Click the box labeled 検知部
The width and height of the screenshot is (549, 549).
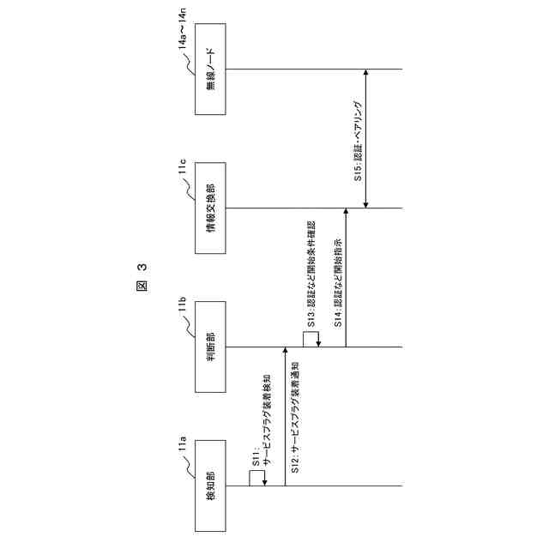(211, 486)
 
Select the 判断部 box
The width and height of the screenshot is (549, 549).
(211, 347)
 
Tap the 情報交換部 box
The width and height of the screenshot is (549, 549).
(211, 208)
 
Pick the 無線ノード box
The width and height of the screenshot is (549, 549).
(211, 69)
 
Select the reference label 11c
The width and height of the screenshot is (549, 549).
(183, 170)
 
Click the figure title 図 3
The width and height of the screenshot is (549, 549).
(142, 279)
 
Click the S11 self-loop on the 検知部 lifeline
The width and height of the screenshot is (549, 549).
(256, 480)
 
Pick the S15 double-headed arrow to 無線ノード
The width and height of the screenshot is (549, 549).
(367, 139)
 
